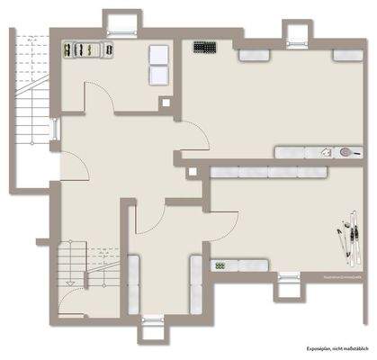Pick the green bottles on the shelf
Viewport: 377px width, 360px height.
[220, 265]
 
